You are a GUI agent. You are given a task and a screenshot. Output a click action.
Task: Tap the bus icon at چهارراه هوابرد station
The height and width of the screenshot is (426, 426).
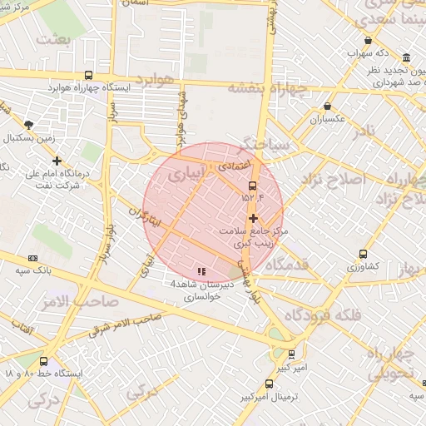[x=89, y=74]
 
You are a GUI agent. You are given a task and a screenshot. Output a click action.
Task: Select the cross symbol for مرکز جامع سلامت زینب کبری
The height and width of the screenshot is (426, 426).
[x=253, y=218]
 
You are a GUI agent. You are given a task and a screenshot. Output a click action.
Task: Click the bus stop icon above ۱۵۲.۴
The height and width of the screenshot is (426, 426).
[x=253, y=186]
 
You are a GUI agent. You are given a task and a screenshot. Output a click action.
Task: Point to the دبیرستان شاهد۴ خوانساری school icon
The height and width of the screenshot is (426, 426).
[x=201, y=271]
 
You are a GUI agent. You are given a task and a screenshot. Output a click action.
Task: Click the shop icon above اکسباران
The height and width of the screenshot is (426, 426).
[x=328, y=106]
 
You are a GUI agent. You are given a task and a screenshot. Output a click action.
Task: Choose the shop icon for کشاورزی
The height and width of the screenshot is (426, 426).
[x=363, y=254]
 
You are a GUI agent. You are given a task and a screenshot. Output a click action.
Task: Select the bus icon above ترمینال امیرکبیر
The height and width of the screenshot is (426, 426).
[x=268, y=384]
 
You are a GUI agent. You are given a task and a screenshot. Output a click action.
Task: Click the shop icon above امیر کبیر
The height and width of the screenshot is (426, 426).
[x=291, y=354]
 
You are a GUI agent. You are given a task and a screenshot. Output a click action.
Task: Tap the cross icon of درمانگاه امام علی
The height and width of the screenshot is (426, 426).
[x=57, y=161]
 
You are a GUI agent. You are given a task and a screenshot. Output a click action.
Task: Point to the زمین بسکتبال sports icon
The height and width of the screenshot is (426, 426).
[x=29, y=123]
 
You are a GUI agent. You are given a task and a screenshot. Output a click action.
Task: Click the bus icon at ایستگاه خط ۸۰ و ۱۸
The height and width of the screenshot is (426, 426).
[x=43, y=361]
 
